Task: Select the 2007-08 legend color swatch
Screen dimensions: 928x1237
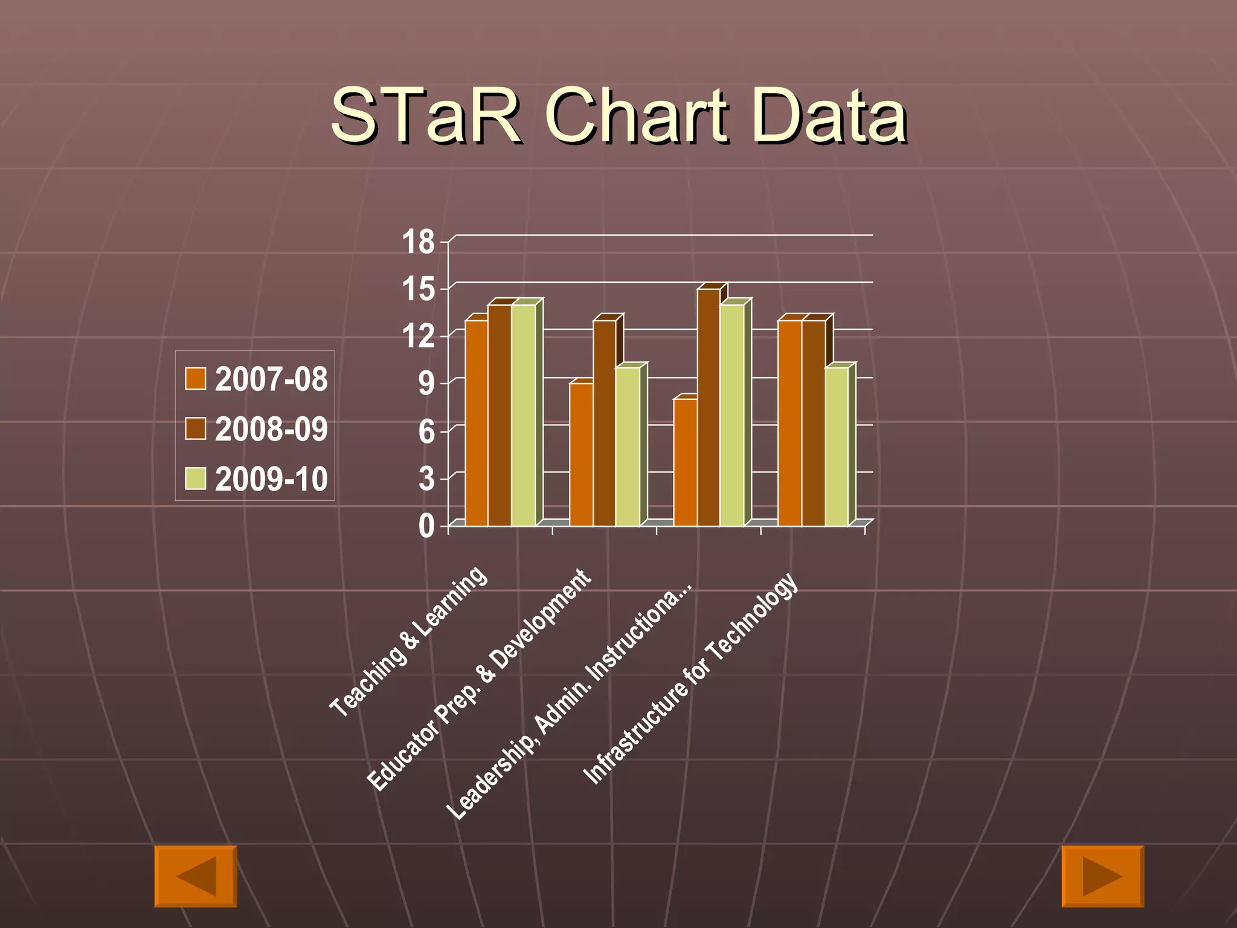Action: [x=195, y=379]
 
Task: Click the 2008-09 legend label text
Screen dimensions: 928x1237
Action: [x=271, y=429]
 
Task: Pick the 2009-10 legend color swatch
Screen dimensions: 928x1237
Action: [x=195, y=478]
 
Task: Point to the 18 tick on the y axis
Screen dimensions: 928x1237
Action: [x=418, y=242]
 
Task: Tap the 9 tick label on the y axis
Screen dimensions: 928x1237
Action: [x=426, y=384]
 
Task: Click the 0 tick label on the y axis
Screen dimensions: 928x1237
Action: [x=426, y=526]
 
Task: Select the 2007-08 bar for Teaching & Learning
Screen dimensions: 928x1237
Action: [x=476, y=423]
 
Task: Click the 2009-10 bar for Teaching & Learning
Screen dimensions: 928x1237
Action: [x=523, y=417]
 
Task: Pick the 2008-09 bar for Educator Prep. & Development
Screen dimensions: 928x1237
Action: [x=604, y=423]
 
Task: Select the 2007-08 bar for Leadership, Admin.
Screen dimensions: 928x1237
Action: [x=686, y=462]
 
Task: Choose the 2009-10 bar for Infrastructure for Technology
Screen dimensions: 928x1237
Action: [x=837, y=447]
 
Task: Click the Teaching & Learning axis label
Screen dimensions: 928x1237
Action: [x=409, y=642]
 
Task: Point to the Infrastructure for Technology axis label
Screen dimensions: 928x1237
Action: [x=690, y=678]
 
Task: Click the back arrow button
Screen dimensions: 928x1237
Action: [x=196, y=876]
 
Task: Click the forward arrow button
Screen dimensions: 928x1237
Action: [x=1102, y=876]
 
